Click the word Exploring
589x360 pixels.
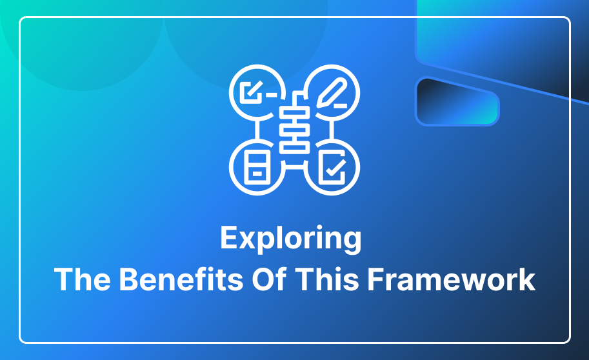pos(291,238)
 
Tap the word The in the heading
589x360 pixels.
pos(83,279)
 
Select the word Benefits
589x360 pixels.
pos(181,279)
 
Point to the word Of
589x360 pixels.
pos(269,279)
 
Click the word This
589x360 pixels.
pos(327,279)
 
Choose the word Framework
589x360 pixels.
pos(452,279)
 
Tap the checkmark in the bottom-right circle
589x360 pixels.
pos(335,168)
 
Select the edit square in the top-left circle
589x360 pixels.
pos(252,92)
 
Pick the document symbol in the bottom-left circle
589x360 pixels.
pos(257,167)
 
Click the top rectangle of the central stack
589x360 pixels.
pos(294,112)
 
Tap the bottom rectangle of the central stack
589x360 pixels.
pos(294,147)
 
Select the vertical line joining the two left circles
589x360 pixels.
pos(257,130)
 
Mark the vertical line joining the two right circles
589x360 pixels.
pos(332,130)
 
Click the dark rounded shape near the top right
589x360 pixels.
pos(457,101)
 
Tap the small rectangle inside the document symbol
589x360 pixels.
pos(257,174)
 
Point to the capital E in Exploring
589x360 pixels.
pos(229,237)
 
